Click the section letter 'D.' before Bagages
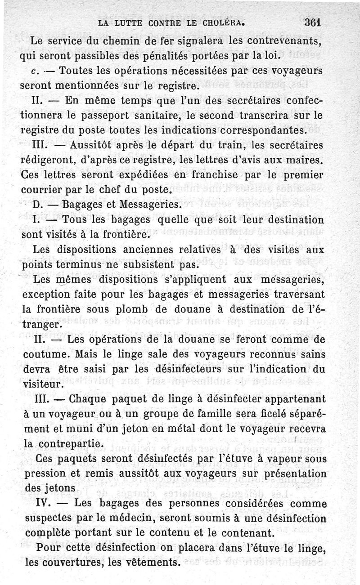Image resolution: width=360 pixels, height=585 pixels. pyautogui.click(x=39, y=205)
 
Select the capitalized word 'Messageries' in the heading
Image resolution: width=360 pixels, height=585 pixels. pyautogui.click(x=148, y=205)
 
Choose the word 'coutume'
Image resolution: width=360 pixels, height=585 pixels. pyautogui.click(x=46, y=354)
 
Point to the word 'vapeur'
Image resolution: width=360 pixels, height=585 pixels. pyautogui.click(x=284, y=459)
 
